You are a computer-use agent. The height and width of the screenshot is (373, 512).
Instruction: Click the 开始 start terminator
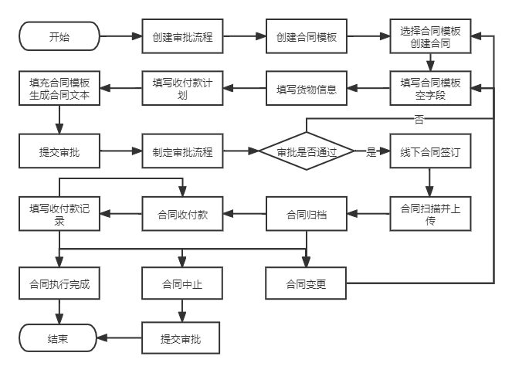point(59,36)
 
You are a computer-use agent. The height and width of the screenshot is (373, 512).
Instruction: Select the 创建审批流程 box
point(183,36)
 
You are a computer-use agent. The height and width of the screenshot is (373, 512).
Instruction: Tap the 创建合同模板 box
point(307,36)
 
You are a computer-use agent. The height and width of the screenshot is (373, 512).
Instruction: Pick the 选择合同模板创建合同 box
point(430,36)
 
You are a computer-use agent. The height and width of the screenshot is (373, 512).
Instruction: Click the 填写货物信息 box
point(307,89)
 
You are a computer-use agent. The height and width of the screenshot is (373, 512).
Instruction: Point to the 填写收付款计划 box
point(183,89)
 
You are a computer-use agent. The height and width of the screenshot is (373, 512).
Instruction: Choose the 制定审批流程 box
point(183,152)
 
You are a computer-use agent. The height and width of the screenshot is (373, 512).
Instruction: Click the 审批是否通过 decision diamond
point(307,152)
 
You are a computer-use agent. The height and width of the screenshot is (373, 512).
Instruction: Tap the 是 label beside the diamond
point(371,152)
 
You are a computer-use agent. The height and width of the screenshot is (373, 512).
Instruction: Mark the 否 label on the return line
point(419,119)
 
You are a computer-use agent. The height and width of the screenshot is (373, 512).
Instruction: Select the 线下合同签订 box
point(430,152)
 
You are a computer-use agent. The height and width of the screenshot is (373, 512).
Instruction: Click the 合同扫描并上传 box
point(430,214)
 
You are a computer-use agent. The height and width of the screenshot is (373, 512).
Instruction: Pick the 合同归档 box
point(307,214)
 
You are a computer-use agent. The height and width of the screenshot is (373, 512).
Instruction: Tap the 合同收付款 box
point(183,214)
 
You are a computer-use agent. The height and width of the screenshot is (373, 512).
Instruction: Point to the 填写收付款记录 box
point(59,214)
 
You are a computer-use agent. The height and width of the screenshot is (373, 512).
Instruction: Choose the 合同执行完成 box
point(59,283)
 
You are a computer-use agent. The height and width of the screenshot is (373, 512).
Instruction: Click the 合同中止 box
point(183,283)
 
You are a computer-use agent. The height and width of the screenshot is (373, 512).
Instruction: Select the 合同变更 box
point(307,283)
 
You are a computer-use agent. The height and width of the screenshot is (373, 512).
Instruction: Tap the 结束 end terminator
point(58,338)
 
